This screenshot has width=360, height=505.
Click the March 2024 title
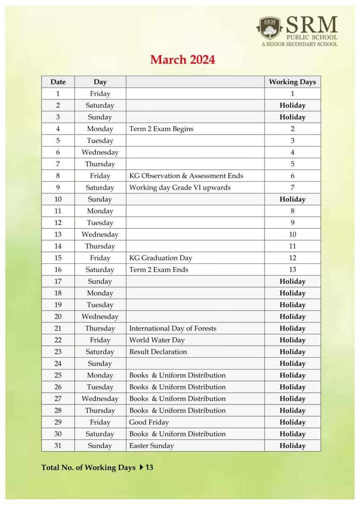pyautogui.click(x=183, y=60)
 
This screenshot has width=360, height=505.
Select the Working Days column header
pyautogui.click(x=292, y=82)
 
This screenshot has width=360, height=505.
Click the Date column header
pyautogui.click(x=58, y=82)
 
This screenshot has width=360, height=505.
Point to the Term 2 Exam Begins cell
pyautogui.click(x=161, y=129)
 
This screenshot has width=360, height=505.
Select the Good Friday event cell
pyautogui.click(x=149, y=422)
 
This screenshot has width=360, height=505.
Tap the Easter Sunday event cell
pyautogui.click(x=151, y=446)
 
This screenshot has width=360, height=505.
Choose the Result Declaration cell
pyautogui.click(x=158, y=352)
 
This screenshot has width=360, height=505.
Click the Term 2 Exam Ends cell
pyautogui.click(x=159, y=270)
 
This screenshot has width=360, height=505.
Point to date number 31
pyautogui.click(x=58, y=446)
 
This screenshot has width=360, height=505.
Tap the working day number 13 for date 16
pyautogui.click(x=292, y=270)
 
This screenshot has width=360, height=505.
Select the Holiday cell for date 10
pyautogui.click(x=292, y=199)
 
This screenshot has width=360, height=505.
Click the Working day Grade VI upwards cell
pyautogui.click(x=180, y=188)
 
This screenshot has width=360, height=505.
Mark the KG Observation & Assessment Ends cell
pyautogui.click(x=186, y=176)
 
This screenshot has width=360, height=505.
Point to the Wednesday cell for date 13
pyautogui.click(x=100, y=234)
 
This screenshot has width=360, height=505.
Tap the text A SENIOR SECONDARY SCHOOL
pyautogui.click(x=299, y=44)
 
